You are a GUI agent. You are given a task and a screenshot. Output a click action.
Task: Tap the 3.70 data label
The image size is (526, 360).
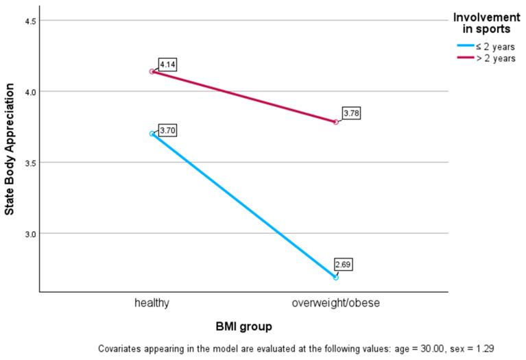click(x=168, y=130)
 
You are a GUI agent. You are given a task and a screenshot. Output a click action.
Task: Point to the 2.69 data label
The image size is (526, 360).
click(x=344, y=264)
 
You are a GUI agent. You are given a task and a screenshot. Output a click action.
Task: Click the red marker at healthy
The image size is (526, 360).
click(x=152, y=71)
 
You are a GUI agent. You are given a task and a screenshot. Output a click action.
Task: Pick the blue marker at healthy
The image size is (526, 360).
click(x=152, y=134)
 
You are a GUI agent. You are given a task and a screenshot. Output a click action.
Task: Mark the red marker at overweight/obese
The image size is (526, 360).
click(x=336, y=122)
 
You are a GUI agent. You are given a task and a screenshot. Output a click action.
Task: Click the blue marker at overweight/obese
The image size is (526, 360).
click(x=336, y=277)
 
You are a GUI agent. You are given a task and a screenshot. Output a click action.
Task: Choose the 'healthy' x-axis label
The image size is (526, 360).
click(x=152, y=302)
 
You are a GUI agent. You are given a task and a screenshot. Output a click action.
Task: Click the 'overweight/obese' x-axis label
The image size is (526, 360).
click(x=336, y=302)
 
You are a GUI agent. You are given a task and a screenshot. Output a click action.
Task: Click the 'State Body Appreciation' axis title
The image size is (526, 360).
click(x=10, y=155)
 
